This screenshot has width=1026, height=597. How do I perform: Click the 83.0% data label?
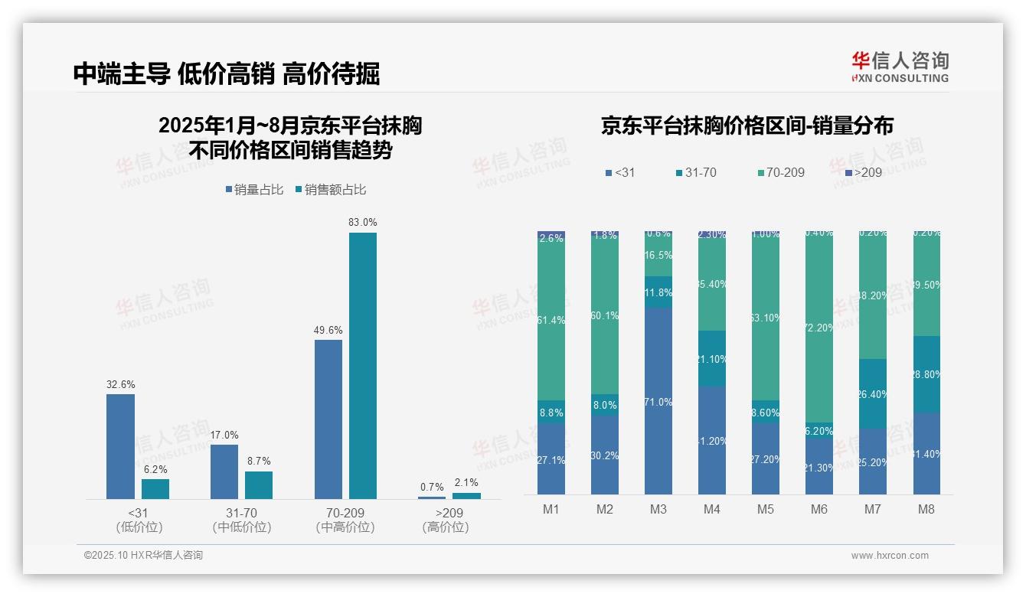[362, 222]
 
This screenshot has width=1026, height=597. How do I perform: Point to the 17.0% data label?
[224, 435]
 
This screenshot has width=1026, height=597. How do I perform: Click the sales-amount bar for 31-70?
[259, 485]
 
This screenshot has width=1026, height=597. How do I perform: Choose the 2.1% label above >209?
[466, 482]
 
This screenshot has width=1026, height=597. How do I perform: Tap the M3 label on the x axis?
[658, 510]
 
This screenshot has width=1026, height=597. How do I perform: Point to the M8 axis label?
[926, 510]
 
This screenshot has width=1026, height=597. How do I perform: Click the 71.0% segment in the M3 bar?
[658, 401]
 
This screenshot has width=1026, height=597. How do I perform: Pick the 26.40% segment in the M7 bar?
[873, 394]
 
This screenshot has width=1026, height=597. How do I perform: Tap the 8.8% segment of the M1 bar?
[551, 412]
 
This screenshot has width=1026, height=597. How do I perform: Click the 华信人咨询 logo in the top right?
[900, 67]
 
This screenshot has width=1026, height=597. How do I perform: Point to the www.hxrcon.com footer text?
[890, 556]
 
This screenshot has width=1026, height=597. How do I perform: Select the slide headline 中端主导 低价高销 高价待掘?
[227, 73]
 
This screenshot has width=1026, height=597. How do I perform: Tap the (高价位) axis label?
[446, 527]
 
